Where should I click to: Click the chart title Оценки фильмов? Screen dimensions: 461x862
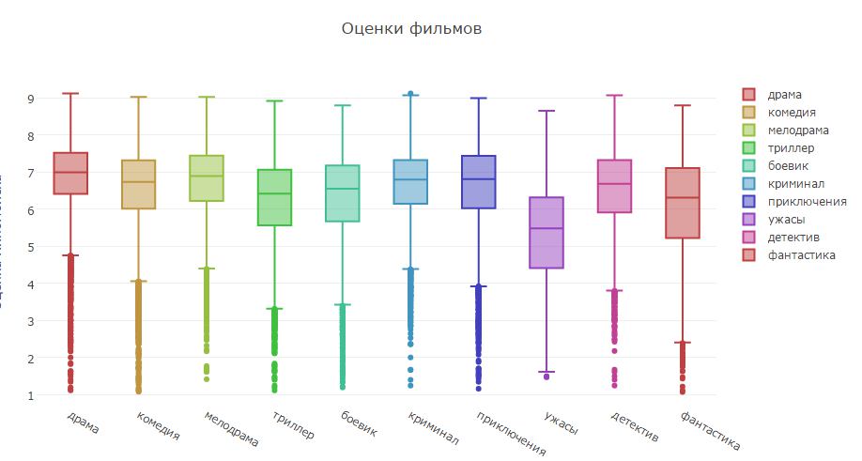click(412, 29)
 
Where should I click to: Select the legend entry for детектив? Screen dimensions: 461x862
click(793, 237)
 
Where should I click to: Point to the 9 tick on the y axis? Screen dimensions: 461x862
click(31, 99)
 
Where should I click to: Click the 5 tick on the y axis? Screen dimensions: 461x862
click(31, 247)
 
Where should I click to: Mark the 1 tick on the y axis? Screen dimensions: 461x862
click(31, 395)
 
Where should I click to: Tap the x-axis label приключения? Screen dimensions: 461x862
click(510, 431)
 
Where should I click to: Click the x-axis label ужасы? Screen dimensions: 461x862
click(560, 423)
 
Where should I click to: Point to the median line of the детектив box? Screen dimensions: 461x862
click(614, 184)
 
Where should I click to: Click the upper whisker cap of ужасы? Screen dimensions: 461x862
click(546, 111)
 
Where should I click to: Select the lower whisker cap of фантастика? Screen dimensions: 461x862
click(682, 343)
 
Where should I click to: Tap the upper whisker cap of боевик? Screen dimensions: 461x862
click(343, 105)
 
